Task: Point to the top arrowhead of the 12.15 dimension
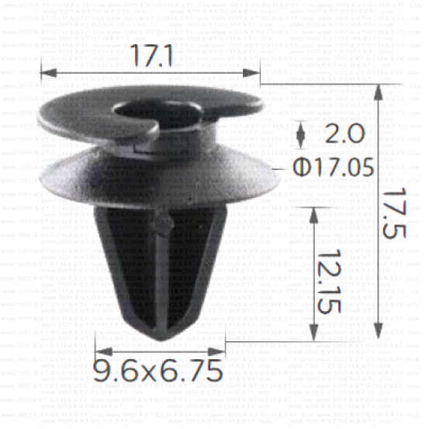tap(313, 213)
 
